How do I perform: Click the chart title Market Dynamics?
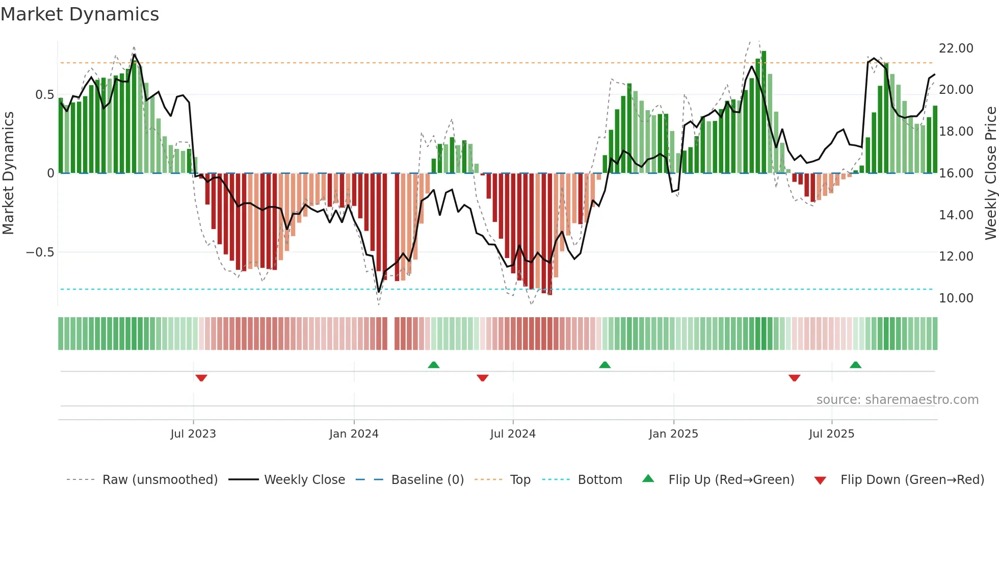click(x=80, y=14)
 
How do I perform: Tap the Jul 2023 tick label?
click(x=193, y=434)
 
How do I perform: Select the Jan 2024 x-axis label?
click(x=354, y=434)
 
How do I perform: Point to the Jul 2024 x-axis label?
click(x=513, y=434)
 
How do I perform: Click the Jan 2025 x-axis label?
click(x=673, y=434)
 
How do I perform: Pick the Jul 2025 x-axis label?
click(x=831, y=434)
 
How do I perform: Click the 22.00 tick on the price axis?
click(x=956, y=48)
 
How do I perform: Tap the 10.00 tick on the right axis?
click(x=956, y=298)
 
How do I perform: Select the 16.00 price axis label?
click(x=956, y=173)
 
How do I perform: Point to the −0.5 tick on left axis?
click(x=40, y=252)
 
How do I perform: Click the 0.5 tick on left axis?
click(x=44, y=95)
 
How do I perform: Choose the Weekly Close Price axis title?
click(x=990, y=173)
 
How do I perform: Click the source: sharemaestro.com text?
click(x=897, y=400)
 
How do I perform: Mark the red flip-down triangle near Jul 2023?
click(x=201, y=378)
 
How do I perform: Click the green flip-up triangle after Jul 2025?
click(x=855, y=365)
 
